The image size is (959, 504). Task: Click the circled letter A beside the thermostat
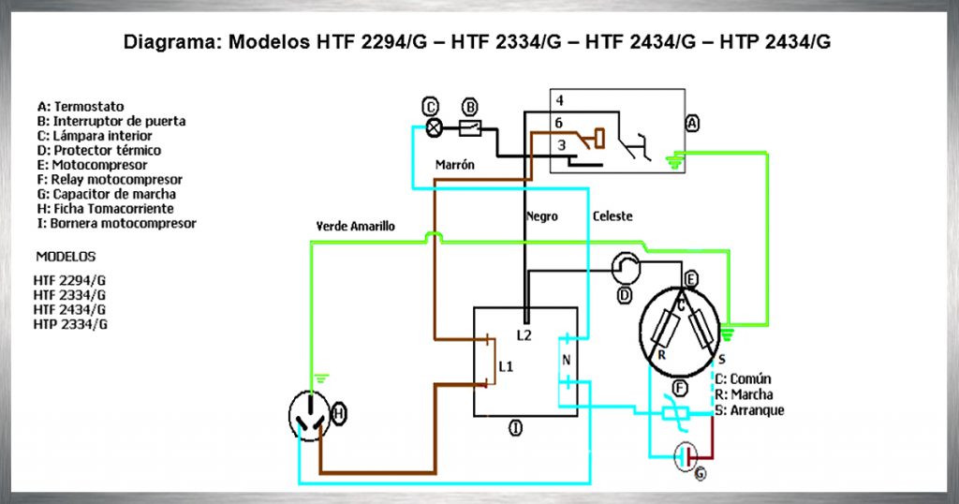tap(692, 124)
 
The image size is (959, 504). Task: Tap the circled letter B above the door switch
tap(470, 106)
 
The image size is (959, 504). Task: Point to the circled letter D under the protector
tap(625, 296)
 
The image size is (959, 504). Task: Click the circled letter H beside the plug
tap(339, 411)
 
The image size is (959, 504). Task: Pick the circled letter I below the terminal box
tap(515, 428)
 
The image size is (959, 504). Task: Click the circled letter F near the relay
tap(680, 389)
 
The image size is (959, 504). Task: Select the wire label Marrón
tap(455, 165)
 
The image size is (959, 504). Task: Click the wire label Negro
tap(541, 216)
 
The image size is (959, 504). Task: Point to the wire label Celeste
tap(612, 216)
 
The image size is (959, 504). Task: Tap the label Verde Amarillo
tap(356, 227)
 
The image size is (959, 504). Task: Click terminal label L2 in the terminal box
tap(524, 334)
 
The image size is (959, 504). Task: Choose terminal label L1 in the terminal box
tap(506, 366)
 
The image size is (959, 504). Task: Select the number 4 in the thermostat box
tap(558, 100)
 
